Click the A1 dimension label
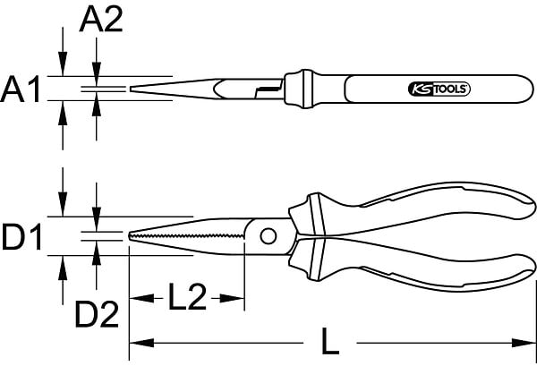[x=21, y=89]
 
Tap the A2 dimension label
[x=101, y=20]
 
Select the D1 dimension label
[x=21, y=236]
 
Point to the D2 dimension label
[x=97, y=314]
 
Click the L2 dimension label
[x=188, y=296]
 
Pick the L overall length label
[x=329, y=341]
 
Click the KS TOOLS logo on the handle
[x=439, y=89]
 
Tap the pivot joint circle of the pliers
[x=268, y=236]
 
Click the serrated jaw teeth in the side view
[x=187, y=236]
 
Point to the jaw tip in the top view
[x=131, y=89]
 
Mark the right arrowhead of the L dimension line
[x=524, y=343]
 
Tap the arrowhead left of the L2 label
[x=141, y=298]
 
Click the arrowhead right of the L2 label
[x=232, y=298]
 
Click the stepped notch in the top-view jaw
[x=268, y=91]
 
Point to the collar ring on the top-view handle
[x=307, y=89]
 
